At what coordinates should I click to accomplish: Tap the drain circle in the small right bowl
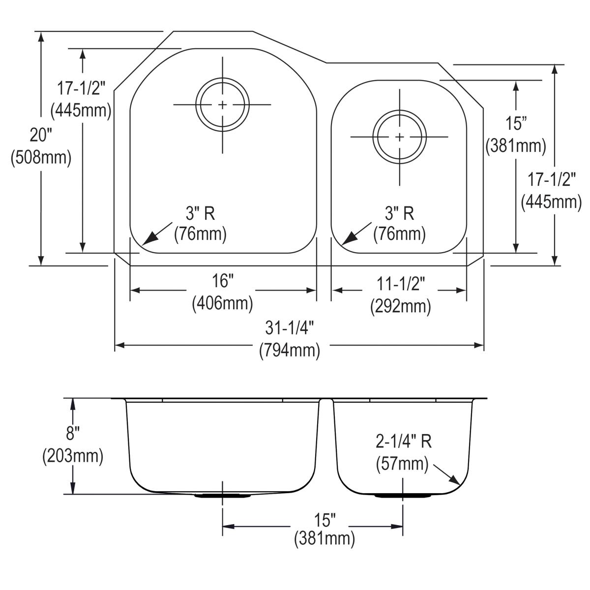(x=399, y=137)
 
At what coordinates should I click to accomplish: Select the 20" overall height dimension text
(x=41, y=134)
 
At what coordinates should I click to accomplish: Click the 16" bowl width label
(x=222, y=281)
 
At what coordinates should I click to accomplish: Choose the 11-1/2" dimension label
(x=400, y=284)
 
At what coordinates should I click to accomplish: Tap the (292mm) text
(x=400, y=306)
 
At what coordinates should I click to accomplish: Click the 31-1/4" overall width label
(x=290, y=327)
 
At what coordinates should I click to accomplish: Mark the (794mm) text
(x=290, y=350)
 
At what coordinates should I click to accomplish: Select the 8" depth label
(x=73, y=434)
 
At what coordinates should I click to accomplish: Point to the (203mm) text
(x=73, y=456)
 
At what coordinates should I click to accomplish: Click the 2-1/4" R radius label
(x=404, y=442)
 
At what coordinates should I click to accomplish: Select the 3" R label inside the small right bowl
(x=399, y=213)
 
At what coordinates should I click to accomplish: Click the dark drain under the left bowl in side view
(x=223, y=496)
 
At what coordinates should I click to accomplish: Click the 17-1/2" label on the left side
(x=81, y=88)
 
